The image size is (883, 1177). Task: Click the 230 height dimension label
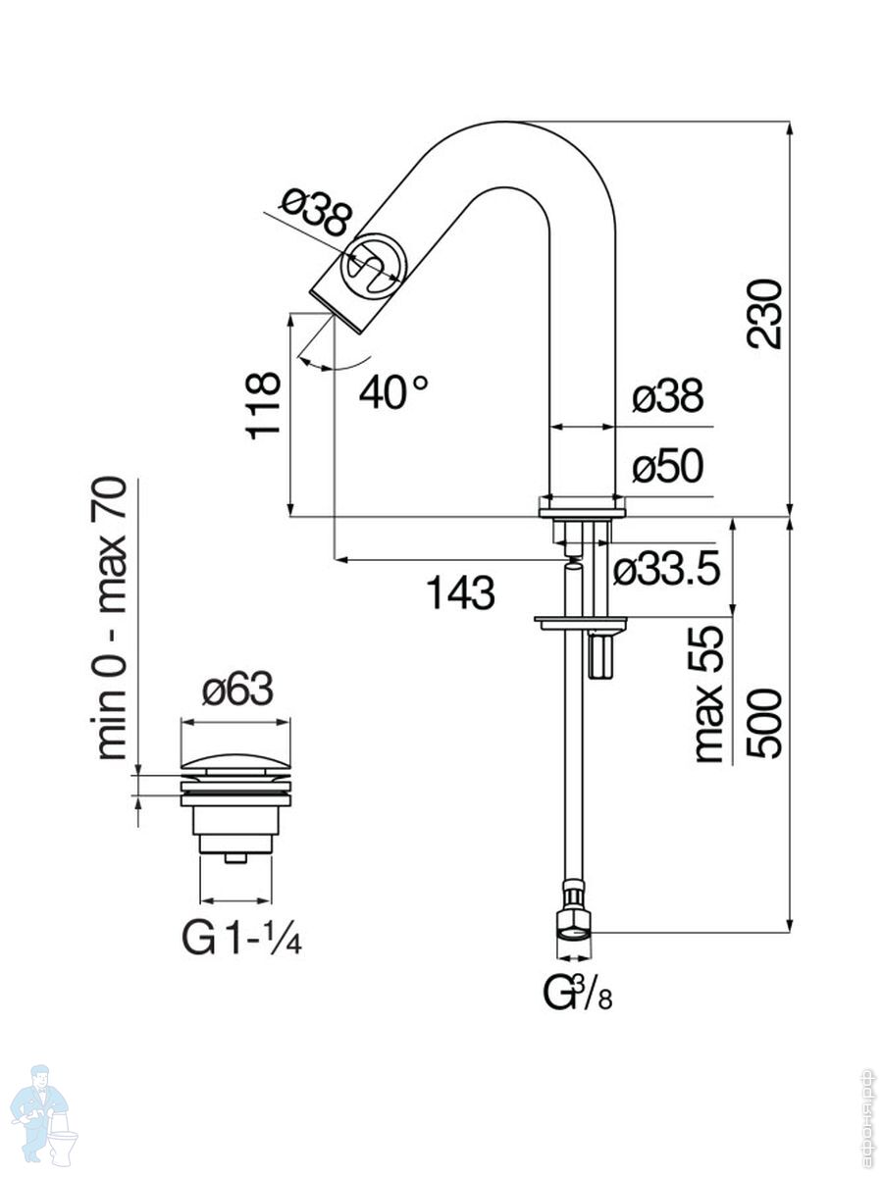click(x=763, y=314)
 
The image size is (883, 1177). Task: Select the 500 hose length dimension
click(x=763, y=723)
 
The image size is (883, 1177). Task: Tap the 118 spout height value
click(x=265, y=405)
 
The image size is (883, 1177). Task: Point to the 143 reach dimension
click(x=460, y=591)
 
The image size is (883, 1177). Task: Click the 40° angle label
click(x=392, y=392)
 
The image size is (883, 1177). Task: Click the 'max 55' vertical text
click(x=708, y=694)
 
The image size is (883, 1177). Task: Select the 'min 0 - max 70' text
click(x=112, y=617)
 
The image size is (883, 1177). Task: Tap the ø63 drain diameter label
click(x=236, y=692)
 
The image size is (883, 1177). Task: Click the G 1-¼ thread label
click(x=241, y=939)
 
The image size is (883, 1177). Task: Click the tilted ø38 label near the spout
click(x=313, y=214)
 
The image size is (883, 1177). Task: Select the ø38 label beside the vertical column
click(x=668, y=397)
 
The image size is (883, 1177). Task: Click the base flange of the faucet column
click(x=582, y=507)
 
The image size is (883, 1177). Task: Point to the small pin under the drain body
click(x=235, y=858)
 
